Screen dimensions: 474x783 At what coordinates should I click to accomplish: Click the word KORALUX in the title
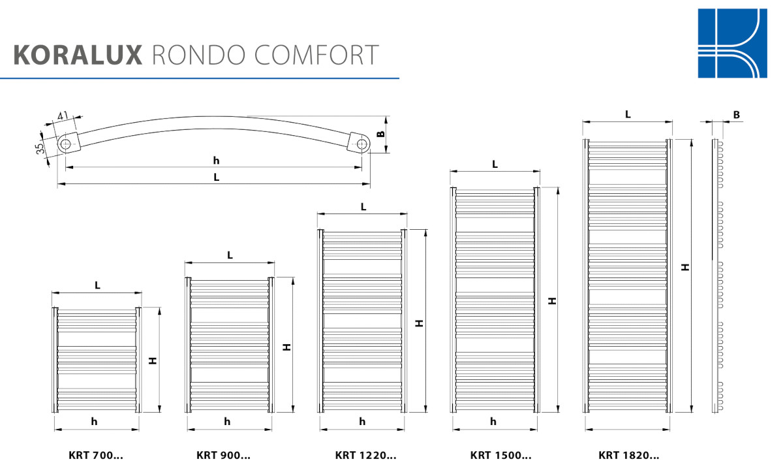(x=78, y=55)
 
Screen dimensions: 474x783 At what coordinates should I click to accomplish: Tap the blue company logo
(x=732, y=43)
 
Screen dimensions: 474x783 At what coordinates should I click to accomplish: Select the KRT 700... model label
(x=96, y=456)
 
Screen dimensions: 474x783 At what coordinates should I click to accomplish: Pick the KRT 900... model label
(x=223, y=456)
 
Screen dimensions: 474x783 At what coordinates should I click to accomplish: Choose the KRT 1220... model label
(x=365, y=456)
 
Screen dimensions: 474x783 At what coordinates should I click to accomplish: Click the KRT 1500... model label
(x=500, y=456)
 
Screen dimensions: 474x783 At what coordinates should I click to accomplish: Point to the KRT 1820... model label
(x=628, y=456)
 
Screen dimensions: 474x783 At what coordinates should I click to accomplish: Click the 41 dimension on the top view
(x=63, y=116)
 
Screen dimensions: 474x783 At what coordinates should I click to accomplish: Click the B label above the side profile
(x=737, y=115)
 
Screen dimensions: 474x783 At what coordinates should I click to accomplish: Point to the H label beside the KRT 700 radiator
(x=152, y=360)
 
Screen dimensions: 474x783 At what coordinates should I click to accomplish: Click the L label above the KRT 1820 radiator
(x=628, y=114)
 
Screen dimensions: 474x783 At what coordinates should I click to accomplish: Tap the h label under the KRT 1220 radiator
(x=362, y=422)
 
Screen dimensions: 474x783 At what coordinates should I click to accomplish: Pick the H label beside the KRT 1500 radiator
(x=552, y=301)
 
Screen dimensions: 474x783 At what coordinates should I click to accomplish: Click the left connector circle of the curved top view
(x=66, y=143)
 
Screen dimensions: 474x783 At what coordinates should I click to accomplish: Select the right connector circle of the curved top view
(x=361, y=143)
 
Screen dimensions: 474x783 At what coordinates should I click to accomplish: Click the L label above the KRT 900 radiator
(x=230, y=255)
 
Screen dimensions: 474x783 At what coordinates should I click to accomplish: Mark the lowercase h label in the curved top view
(x=216, y=161)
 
